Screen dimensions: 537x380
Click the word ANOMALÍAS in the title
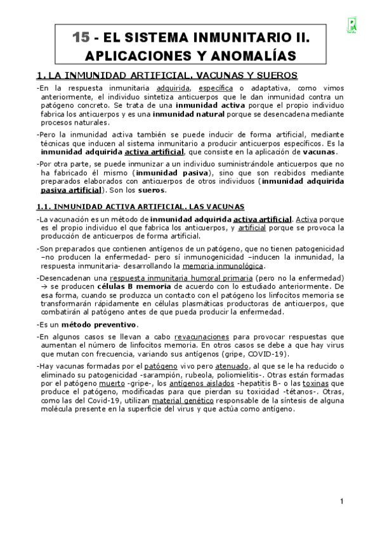pos(252,56)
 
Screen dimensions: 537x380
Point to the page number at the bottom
pos(341,502)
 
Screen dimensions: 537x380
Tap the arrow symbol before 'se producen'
pos(43,287)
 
